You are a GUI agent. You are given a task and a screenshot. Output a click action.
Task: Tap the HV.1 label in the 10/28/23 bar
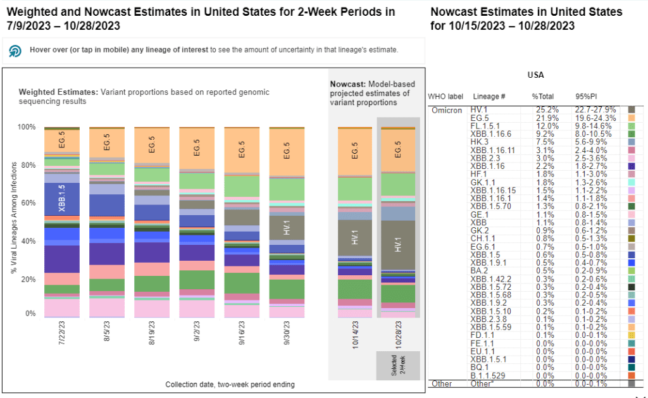398,246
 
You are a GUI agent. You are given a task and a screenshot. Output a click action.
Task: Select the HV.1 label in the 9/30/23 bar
287,226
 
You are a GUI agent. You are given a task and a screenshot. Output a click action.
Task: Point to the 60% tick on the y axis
29,203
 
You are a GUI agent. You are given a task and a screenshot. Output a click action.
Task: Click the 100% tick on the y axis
28,127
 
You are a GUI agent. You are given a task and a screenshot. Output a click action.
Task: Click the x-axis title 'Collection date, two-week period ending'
230,384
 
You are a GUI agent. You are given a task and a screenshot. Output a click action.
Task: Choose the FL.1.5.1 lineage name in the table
485,126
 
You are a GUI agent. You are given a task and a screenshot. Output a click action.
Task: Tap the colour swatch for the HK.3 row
631,142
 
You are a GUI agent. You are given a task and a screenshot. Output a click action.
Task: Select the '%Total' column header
543,96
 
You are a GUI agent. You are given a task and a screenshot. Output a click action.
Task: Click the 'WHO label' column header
445,96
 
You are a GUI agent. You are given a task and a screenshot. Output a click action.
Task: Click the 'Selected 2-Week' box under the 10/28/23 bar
398,366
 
